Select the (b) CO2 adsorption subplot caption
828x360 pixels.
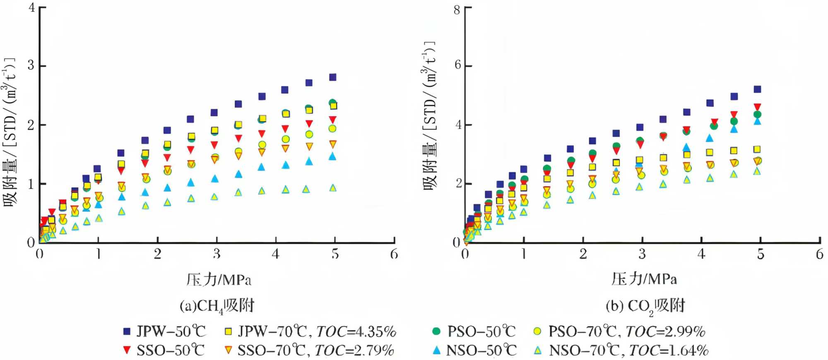(645, 306)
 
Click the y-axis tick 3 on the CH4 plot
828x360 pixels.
(31, 65)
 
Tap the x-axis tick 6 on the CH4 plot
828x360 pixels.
(394, 254)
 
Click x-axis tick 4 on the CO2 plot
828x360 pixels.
(701, 254)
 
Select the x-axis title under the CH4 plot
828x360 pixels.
(219, 280)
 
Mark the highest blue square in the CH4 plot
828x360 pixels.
(332, 77)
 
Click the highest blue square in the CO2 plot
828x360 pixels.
(757, 89)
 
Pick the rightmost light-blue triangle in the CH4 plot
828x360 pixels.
(333, 188)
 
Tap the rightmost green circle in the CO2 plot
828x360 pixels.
(757, 115)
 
